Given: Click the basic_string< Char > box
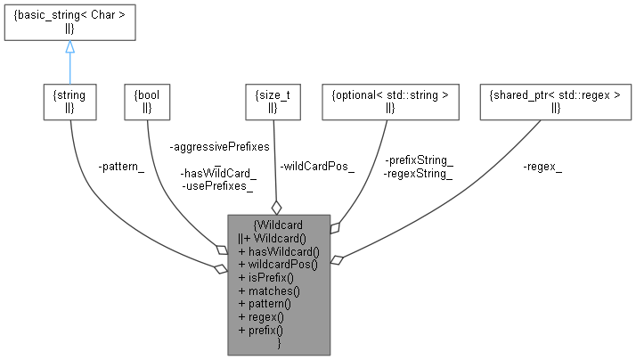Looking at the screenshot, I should click(x=69, y=22).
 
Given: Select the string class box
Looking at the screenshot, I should click(x=69, y=102).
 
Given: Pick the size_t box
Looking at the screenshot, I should click(x=273, y=102).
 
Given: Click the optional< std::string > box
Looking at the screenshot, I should click(x=390, y=102).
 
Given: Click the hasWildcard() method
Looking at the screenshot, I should click(x=278, y=251).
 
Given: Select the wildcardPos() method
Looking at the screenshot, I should click(x=278, y=265).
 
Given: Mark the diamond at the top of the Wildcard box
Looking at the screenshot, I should click(x=276, y=208).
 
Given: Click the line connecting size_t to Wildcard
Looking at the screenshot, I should click(x=274, y=160).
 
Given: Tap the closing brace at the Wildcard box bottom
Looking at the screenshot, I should click(x=279, y=342).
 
